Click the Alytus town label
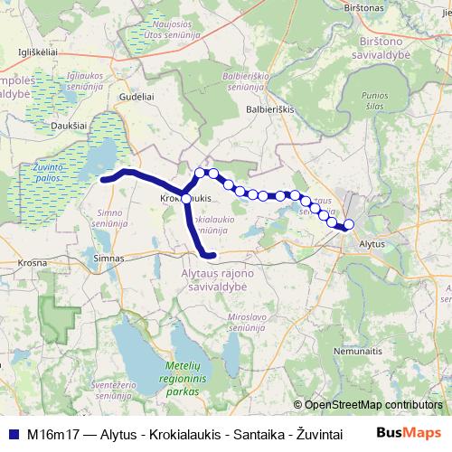tap(372, 244)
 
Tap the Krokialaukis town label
tap(184, 197)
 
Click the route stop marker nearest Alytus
tap(349, 225)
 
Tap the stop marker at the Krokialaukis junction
tap(186, 198)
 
